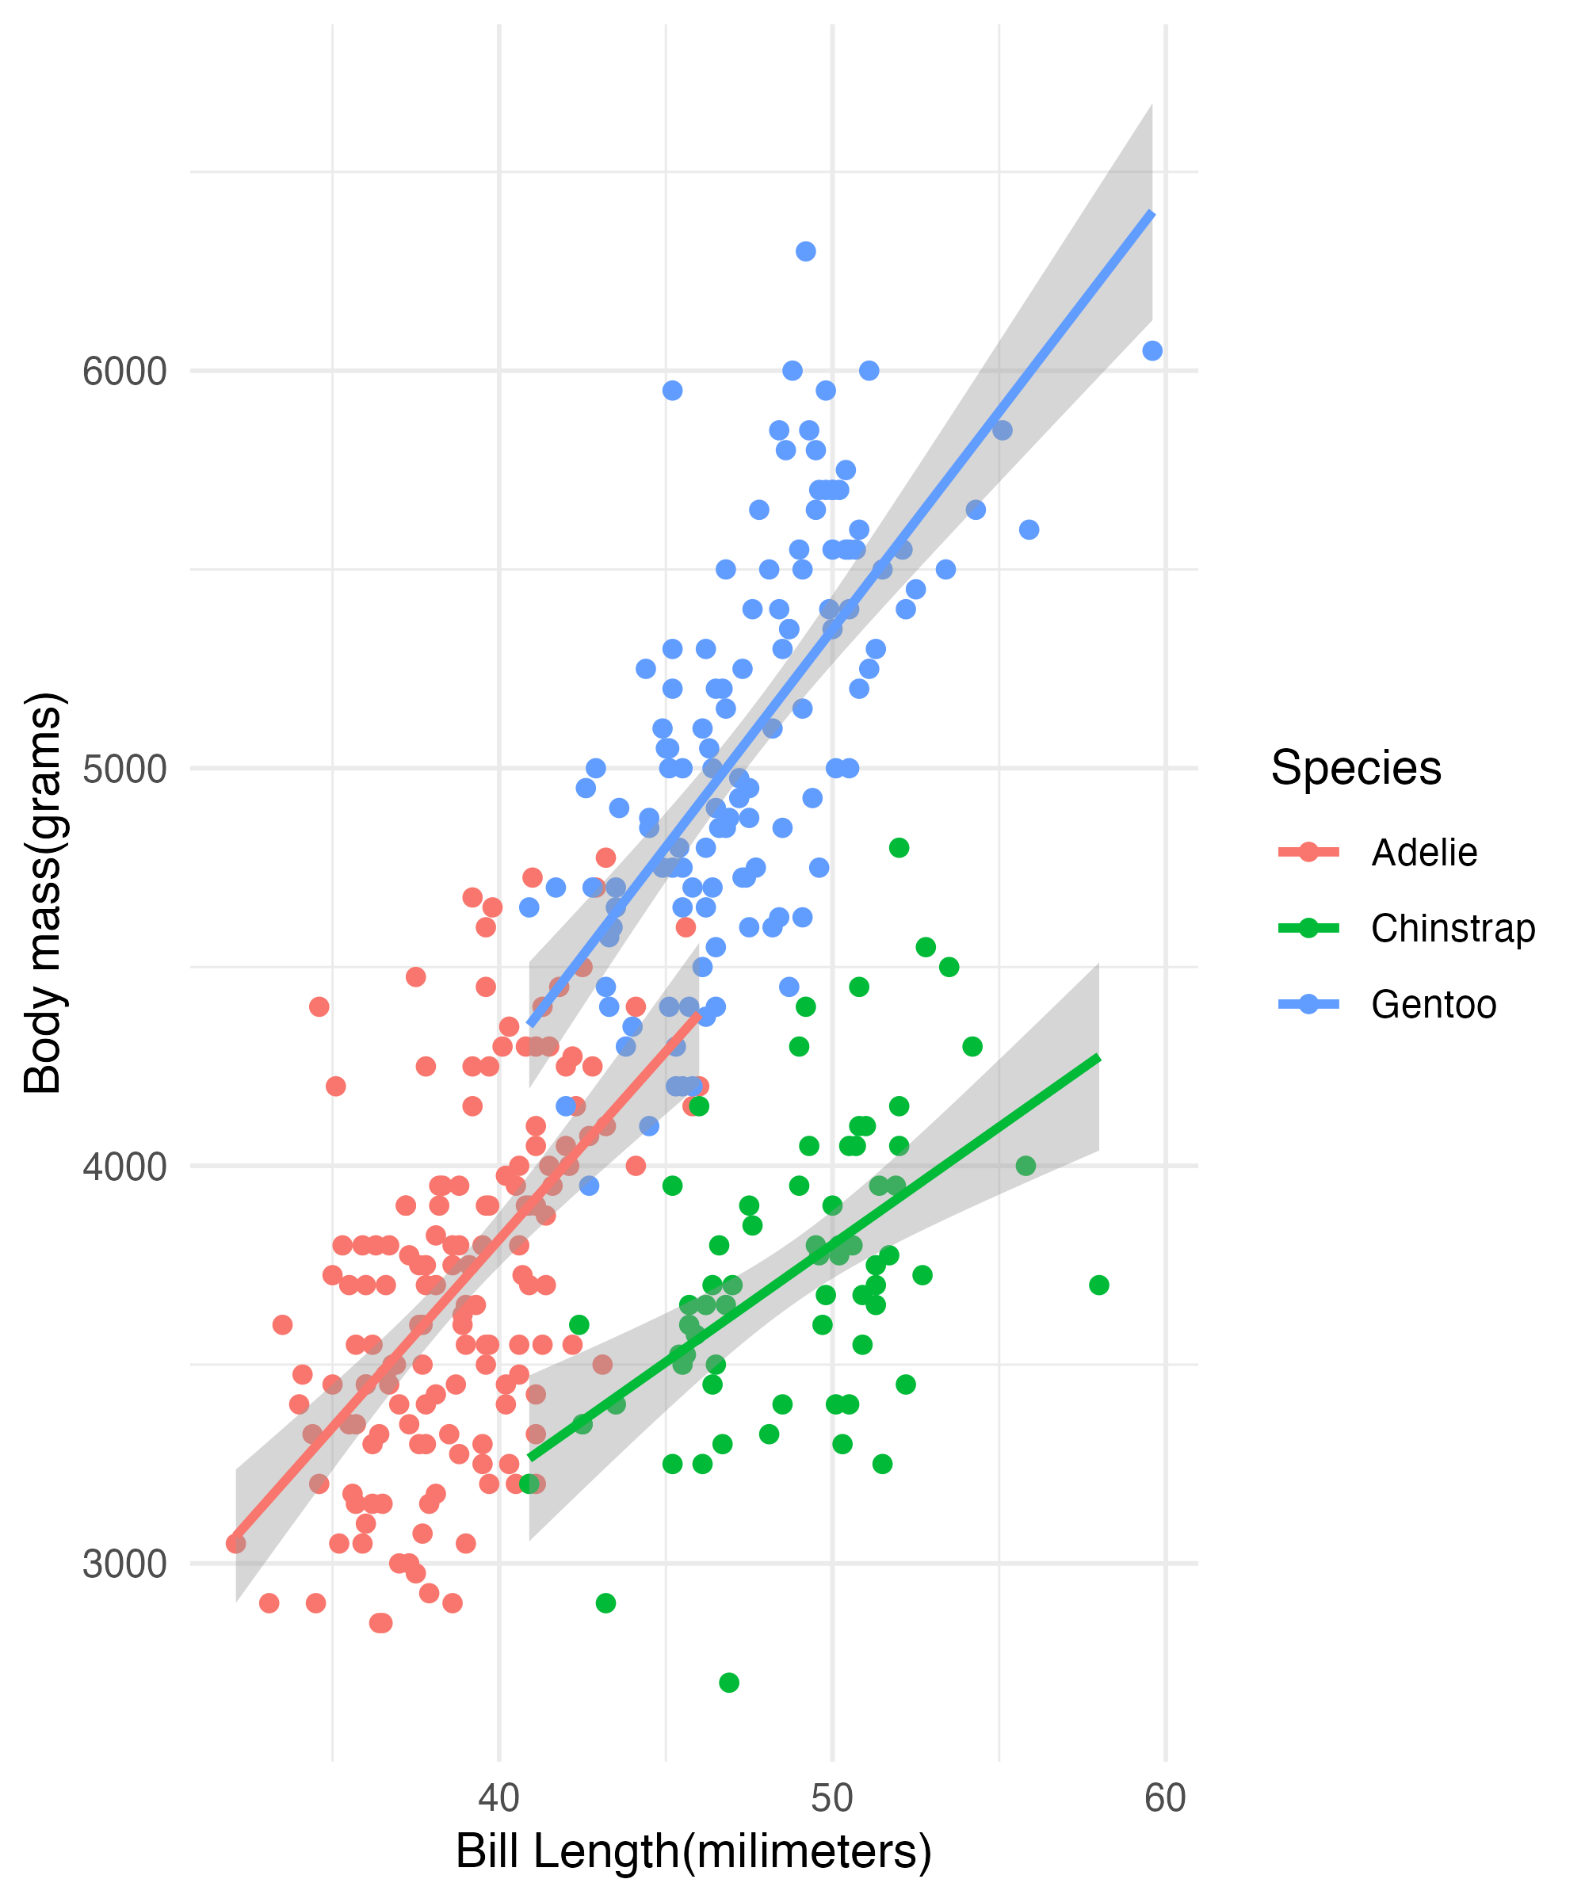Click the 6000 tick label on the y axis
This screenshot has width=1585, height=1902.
click(x=124, y=372)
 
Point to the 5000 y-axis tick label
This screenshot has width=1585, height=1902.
click(x=124, y=769)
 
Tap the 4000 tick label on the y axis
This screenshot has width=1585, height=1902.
click(x=124, y=1167)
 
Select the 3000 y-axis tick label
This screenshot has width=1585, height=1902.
click(x=124, y=1564)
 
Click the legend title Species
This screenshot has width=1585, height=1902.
click(x=1356, y=768)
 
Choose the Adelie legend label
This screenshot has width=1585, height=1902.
click(x=1424, y=852)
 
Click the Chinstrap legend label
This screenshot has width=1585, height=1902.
click(x=1453, y=928)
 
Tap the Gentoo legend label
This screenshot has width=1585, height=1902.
click(x=1434, y=1004)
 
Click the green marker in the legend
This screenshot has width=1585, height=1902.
click(x=1308, y=928)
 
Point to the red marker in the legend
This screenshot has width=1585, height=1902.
click(x=1308, y=852)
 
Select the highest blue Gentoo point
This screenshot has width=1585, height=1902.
click(x=806, y=251)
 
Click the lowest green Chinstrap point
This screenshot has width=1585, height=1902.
click(x=729, y=1682)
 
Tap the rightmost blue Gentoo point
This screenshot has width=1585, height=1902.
click(x=1152, y=350)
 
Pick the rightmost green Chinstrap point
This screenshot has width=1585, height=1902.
click(x=1098, y=1285)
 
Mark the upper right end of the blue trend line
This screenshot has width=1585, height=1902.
click(x=1152, y=213)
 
